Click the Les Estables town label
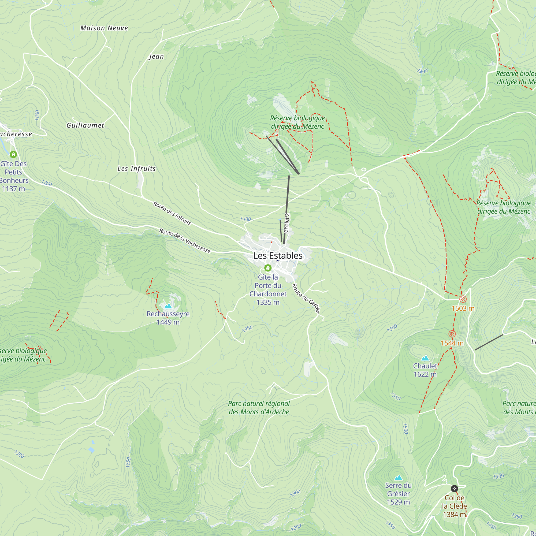point(278,255)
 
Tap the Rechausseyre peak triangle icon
point(168,306)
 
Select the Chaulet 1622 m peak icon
point(425,358)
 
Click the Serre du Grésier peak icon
point(399,478)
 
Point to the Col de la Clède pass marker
point(454,488)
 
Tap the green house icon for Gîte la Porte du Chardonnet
point(268,268)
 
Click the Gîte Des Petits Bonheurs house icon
point(13,154)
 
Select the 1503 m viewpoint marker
point(463,299)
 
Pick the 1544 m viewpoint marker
point(452,334)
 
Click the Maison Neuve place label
point(104,28)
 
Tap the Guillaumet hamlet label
point(85,125)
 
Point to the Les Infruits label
point(136,169)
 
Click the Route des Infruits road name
point(172,214)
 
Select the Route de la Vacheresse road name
point(185,241)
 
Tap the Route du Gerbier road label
point(306,299)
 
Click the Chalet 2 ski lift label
point(286,223)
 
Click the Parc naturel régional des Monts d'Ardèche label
point(259,408)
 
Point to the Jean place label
point(157,57)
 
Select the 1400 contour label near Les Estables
point(245,219)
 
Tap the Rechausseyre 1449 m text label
point(168,318)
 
